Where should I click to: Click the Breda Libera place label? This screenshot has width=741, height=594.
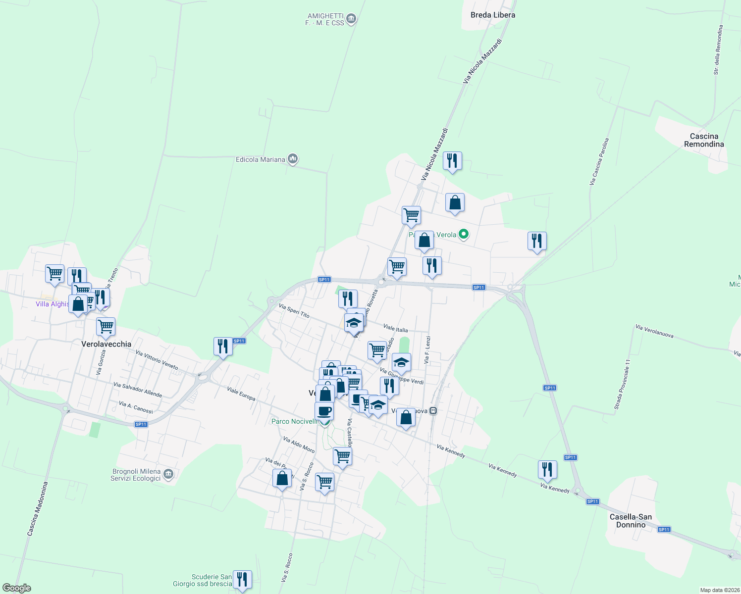pos(492,15)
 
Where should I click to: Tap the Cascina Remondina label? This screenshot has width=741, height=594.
pos(704,140)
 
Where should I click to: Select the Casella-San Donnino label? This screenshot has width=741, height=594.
pos(631,521)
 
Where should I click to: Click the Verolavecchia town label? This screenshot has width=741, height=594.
pos(106,344)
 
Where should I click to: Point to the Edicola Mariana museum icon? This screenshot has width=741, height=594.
pos(293,159)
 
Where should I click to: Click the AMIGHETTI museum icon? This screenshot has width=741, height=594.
pos(352,19)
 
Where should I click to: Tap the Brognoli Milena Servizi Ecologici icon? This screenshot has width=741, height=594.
pos(168,475)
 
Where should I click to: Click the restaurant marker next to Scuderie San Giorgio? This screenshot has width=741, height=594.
pos(242,579)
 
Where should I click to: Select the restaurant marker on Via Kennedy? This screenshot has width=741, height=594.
pos(547,469)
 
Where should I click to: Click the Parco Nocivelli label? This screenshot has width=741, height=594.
pos(294,421)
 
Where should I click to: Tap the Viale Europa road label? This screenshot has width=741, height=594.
pos(241,394)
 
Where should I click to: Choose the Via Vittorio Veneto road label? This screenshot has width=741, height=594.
pos(157,360)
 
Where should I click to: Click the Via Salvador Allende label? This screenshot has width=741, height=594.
pos(138,389)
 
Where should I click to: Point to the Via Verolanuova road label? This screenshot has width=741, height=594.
pos(654,331)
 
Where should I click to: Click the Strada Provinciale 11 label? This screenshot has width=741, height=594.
pos(623,385)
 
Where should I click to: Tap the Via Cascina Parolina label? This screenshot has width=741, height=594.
pos(599,162)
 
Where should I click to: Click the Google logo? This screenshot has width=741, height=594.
pos(16,588)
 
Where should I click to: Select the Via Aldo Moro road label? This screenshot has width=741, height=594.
pos(299,445)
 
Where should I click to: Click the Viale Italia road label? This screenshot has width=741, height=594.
pos(395,328)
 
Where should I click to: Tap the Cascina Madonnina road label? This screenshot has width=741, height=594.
pos(38,509)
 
